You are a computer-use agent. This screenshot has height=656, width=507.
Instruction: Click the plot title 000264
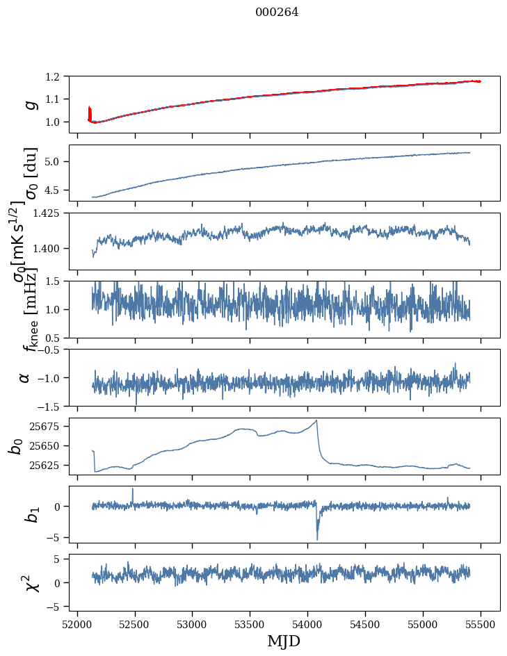click(x=277, y=13)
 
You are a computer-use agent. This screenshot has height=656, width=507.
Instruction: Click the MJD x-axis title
click(x=284, y=641)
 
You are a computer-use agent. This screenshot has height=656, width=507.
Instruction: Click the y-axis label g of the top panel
click(x=29, y=104)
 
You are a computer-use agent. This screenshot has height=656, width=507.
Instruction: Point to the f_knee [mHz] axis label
click(x=29, y=309)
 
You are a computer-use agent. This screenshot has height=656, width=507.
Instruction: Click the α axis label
click(x=25, y=377)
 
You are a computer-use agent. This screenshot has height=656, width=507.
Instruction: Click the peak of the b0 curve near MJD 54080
click(x=316, y=420)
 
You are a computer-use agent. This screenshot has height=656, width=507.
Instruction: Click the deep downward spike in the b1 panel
click(x=317, y=539)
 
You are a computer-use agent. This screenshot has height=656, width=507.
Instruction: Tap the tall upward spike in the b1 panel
click(x=133, y=489)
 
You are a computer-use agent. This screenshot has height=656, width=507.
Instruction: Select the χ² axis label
click(x=31, y=583)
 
